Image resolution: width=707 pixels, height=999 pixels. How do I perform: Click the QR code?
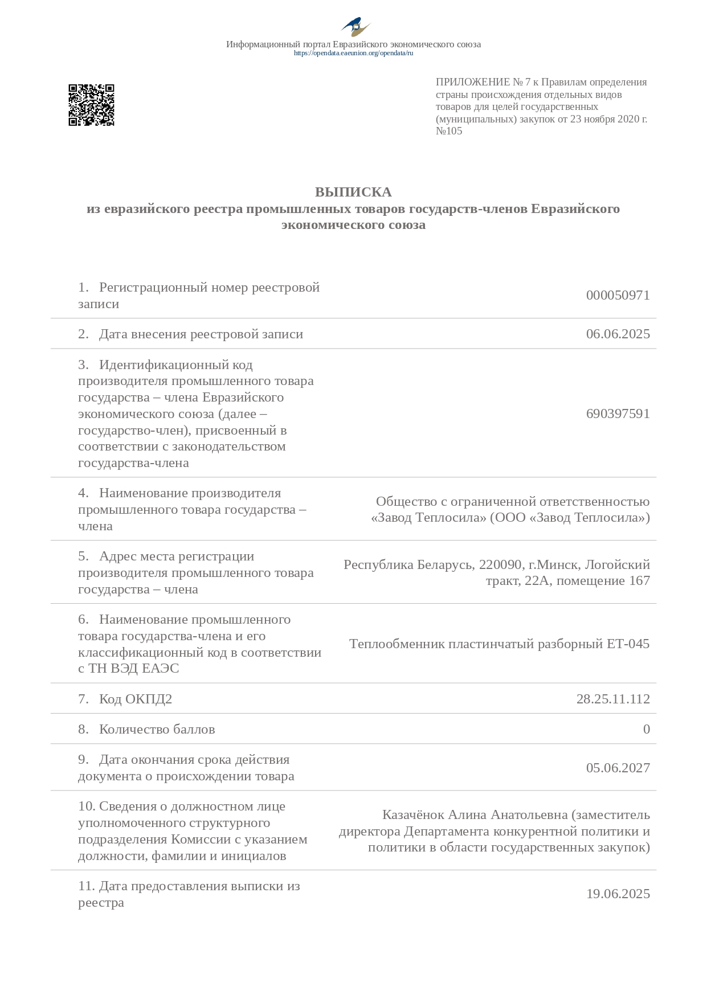pos(91,105)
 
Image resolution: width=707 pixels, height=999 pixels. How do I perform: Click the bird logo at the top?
pos(355,27)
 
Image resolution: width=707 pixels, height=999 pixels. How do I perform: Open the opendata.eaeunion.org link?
pos(353,53)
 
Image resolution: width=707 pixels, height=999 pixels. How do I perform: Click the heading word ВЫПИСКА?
pos(353,192)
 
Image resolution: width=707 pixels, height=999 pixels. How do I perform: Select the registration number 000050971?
pos(618,295)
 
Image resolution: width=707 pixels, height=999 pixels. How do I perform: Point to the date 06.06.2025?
pos(618,334)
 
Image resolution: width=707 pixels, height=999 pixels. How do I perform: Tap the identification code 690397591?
pos(618,413)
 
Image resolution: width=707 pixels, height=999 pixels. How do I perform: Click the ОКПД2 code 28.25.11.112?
pos(613,699)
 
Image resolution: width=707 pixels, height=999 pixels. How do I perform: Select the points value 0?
pos(646,729)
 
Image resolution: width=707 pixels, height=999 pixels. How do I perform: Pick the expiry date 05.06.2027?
pos(618,768)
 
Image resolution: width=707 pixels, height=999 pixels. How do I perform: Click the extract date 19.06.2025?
pos(618,894)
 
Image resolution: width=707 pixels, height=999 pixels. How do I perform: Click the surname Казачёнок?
pos(413,815)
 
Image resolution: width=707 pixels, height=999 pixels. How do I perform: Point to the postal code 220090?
pos(500,564)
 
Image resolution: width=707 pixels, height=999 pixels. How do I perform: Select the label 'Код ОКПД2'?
pos(136,699)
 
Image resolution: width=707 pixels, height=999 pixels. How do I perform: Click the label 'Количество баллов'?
pos(157,729)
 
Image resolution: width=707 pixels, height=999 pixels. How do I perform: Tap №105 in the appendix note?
pos(449,131)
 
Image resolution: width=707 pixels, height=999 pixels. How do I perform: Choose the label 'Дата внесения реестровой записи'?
pos(201,334)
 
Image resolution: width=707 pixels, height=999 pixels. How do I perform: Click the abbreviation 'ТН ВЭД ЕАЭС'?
pos(133,668)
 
